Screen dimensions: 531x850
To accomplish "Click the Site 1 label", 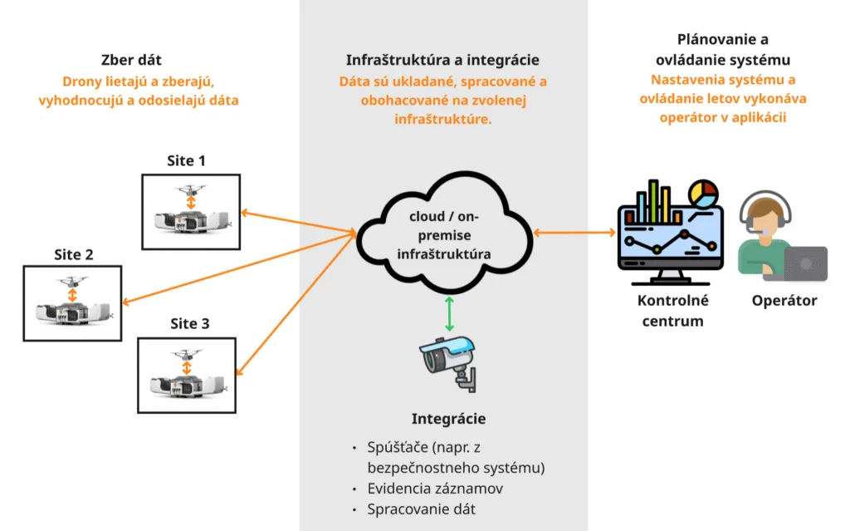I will pos(190,161).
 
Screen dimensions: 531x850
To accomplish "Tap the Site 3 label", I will pos(188,324).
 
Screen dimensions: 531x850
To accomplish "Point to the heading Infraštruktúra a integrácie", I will pos(442,61).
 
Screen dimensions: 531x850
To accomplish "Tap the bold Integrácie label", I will pos(448,420).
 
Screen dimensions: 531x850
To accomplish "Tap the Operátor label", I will pos(784,301).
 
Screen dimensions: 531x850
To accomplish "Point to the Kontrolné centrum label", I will pos(672,311).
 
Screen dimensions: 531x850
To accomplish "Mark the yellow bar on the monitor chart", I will pos(656,204).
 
